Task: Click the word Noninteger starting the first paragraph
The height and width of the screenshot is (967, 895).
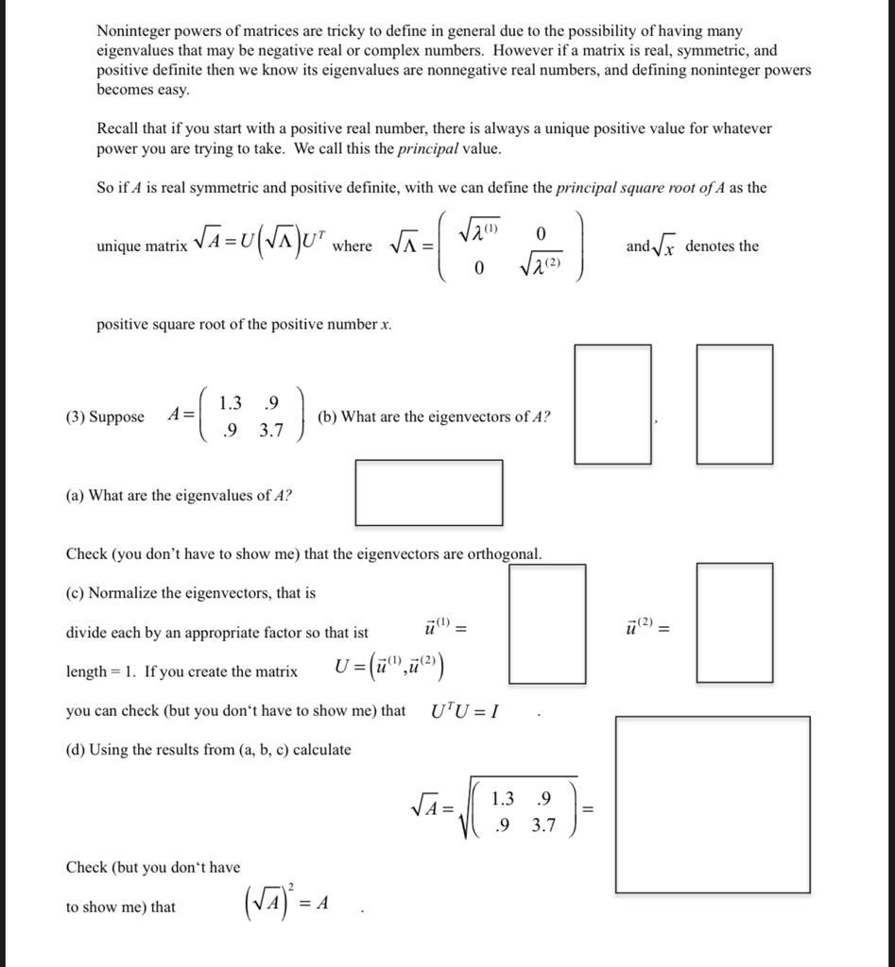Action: point(132,31)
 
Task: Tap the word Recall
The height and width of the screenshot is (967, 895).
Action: point(117,128)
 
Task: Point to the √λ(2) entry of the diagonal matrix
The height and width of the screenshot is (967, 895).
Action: point(540,267)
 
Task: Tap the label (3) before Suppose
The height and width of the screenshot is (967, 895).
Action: point(76,416)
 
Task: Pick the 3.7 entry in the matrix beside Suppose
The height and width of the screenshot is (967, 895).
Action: point(271,431)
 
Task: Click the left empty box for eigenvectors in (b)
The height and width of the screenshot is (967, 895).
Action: point(612,404)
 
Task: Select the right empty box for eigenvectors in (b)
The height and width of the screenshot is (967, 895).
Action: point(734,404)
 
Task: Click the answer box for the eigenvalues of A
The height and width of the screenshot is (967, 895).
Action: point(428,492)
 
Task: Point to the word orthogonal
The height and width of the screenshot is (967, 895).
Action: point(505,554)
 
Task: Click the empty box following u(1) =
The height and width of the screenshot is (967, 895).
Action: point(546,623)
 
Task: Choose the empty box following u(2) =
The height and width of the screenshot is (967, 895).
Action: point(734,622)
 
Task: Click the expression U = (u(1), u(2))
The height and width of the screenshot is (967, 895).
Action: point(390,669)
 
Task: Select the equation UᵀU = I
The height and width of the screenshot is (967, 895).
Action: point(465,711)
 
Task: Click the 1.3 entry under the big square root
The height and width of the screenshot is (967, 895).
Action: point(503,798)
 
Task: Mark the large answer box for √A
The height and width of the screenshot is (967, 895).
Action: point(713,805)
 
